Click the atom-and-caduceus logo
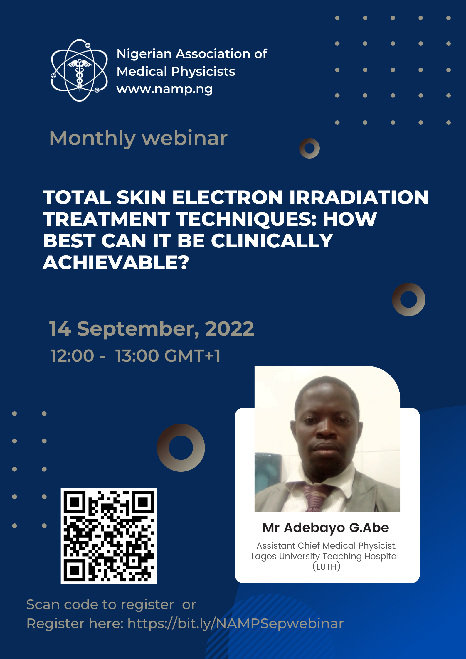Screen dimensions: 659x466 tap(79, 70)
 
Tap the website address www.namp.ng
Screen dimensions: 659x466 tap(164, 89)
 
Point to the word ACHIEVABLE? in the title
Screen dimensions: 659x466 tap(116, 262)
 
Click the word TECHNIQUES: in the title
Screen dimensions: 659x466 tap(246, 219)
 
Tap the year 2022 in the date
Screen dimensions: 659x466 tap(229, 328)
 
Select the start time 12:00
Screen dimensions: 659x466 tap(72, 356)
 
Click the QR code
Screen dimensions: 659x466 tap(109, 536)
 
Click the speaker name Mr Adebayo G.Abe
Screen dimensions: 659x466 tap(326, 528)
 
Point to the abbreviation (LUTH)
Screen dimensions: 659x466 tap(326, 566)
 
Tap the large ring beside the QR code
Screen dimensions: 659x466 tap(181, 447)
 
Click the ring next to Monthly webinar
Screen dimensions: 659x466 tap(309, 148)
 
